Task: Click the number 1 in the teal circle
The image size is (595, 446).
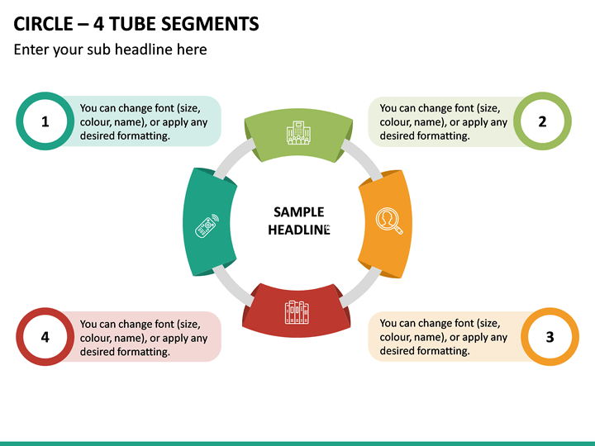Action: point(45,121)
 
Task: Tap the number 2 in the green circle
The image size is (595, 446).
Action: point(542,121)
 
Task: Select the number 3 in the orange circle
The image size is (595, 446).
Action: point(550,337)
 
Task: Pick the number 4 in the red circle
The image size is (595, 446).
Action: point(45,337)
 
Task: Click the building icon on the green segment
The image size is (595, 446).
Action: point(298,133)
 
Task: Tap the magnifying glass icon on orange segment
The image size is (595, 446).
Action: point(389,221)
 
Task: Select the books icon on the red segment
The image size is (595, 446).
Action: point(297,312)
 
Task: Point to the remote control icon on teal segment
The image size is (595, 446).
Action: point(207,226)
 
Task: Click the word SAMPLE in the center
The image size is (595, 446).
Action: point(299,212)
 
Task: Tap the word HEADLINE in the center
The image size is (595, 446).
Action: point(299,230)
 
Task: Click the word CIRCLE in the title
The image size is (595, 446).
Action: point(43,24)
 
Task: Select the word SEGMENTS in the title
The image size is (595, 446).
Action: point(210,24)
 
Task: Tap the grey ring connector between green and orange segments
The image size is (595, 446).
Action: point(362,159)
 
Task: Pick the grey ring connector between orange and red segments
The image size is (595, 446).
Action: point(360,287)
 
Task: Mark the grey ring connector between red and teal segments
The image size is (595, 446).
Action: point(233,286)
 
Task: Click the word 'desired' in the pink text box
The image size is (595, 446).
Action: point(98,352)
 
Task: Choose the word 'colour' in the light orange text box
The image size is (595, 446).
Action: point(396,337)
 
